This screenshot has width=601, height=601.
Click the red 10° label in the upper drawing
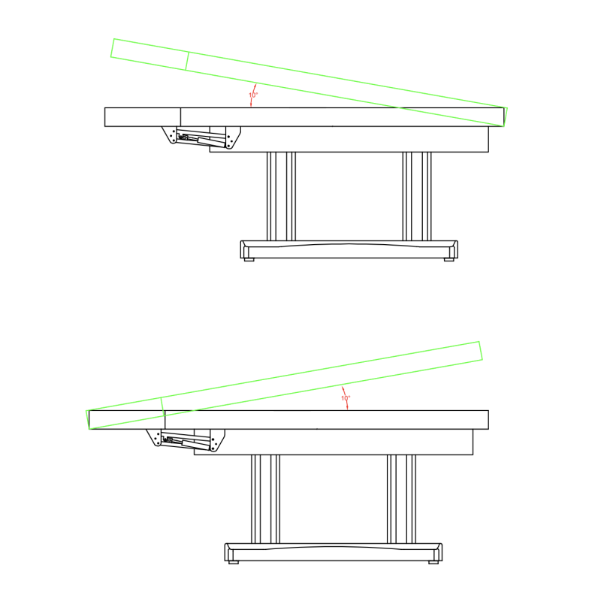pyautogui.click(x=253, y=95)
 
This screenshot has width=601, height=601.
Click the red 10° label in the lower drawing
pyautogui.click(x=346, y=398)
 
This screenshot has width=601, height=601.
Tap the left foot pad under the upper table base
pyautogui.click(x=249, y=259)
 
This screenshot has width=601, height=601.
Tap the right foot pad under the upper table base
pyautogui.click(x=448, y=259)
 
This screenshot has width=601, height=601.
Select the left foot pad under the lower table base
pyautogui.click(x=234, y=562)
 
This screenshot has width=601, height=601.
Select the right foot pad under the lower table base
pyautogui.click(x=433, y=562)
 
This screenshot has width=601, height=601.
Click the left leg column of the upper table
pyautogui.click(x=281, y=196)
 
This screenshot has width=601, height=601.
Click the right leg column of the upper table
pyautogui.click(x=417, y=196)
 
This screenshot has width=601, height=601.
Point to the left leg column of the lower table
pyautogui.click(x=266, y=499)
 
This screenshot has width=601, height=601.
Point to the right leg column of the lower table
pyautogui.click(x=401, y=499)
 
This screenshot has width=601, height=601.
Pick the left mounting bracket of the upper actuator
pyautogui.click(x=170, y=135)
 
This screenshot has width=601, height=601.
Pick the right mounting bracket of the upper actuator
pyautogui.click(x=232, y=137)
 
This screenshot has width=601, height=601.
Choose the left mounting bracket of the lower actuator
pyautogui.click(x=154, y=438)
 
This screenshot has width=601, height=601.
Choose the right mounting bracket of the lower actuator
pyautogui.click(x=217, y=440)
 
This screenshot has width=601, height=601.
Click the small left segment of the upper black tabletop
pyautogui.click(x=143, y=117)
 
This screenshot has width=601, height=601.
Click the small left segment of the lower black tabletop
pyautogui.click(x=127, y=420)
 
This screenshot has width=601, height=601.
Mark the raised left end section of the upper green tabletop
pyautogui.click(x=149, y=54)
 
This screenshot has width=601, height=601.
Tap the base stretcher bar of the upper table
pyautogui.click(x=349, y=249)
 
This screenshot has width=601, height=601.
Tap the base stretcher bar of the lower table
pyautogui.click(x=334, y=552)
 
